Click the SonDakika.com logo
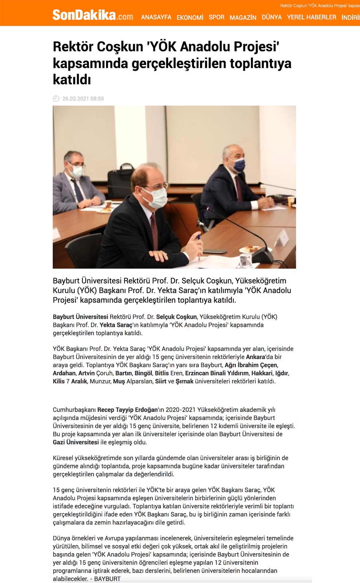(x=93, y=15)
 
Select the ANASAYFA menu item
(x=156, y=17)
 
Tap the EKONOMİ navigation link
(x=190, y=17)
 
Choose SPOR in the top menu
(x=216, y=17)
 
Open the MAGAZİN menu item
(x=243, y=17)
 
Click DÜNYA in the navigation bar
(x=271, y=17)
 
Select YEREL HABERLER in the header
(x=312, y=17)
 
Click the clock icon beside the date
(x=56, y=98)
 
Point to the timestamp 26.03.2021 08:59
(x=83, y=99)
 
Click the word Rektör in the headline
(x=71, y=47)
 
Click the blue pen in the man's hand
(x=199, y=238)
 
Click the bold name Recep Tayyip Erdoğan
(x=128, y=410)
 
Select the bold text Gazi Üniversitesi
(x=76, y=442)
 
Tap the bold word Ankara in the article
(x=255, y=357)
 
